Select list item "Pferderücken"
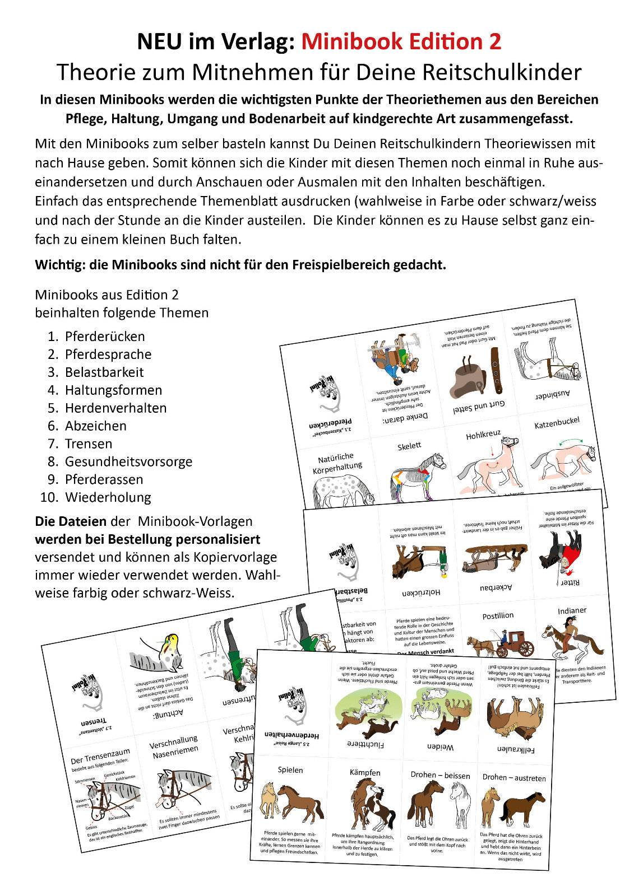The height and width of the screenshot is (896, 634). pyautogui.click(x=105, y=337)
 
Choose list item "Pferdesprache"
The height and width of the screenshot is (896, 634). pyautogui.click(x=108, y=354)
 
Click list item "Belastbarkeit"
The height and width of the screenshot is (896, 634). pyautogui.click(x=104, y=372)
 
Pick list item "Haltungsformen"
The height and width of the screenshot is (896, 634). pyautogui.click(x=113, y=390)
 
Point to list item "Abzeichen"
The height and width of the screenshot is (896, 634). pyautogui.click(x=96, y=426)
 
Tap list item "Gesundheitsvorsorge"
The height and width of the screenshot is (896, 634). pyautogui.click(x=128, y=461)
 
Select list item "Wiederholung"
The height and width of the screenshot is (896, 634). pyautogui.click(x=108, y=497)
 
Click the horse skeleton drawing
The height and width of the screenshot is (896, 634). pyautogui.click(x=417, y=476)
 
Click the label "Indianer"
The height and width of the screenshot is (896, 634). pyautogui.click(x=572, y=610)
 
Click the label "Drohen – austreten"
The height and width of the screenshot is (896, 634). pyautogui.click(x=513, y=777)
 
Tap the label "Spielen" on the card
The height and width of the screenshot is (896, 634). pyautogui.click(x=290, y=769)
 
